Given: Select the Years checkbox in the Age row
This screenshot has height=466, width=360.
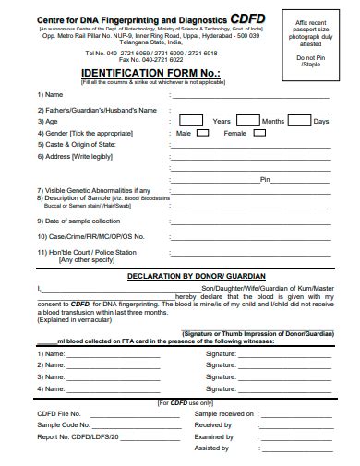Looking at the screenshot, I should (191, 121).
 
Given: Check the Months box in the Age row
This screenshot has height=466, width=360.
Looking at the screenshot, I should (247, 121).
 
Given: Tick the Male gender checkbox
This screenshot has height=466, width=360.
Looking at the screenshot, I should (203, 134).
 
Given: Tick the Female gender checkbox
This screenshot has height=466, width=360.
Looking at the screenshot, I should (258, 134).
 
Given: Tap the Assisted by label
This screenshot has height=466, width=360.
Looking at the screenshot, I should (212, 448).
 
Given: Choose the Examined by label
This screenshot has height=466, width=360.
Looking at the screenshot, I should (214, 436).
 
